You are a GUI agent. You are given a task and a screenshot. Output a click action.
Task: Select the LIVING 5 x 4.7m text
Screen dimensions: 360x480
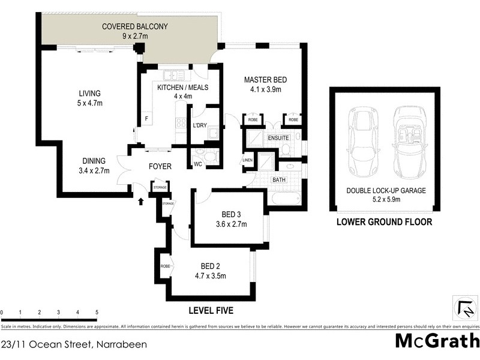(x=89, y=98)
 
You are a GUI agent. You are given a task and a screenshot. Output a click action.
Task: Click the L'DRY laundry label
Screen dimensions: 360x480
(x=199, y=125)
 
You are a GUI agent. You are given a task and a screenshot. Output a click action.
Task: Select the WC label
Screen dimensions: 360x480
(x=198, y=164)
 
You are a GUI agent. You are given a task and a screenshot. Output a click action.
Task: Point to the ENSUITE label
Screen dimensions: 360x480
(x=277, y=137)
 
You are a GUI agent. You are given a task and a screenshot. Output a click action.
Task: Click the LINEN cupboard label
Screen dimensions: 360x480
(x=247, y=160)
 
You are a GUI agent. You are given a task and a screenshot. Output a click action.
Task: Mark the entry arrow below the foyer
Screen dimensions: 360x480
(x=142, y=202)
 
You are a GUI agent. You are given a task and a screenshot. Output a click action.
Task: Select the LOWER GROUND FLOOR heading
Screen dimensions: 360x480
(x=384, y=221)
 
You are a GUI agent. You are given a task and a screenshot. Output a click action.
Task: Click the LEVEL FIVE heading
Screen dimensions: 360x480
(x=211, y=310)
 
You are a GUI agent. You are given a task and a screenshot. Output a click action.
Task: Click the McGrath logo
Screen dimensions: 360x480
(x=437, y=341)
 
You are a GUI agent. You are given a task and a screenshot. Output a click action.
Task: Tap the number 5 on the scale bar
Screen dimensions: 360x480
(x=97, y=313)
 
